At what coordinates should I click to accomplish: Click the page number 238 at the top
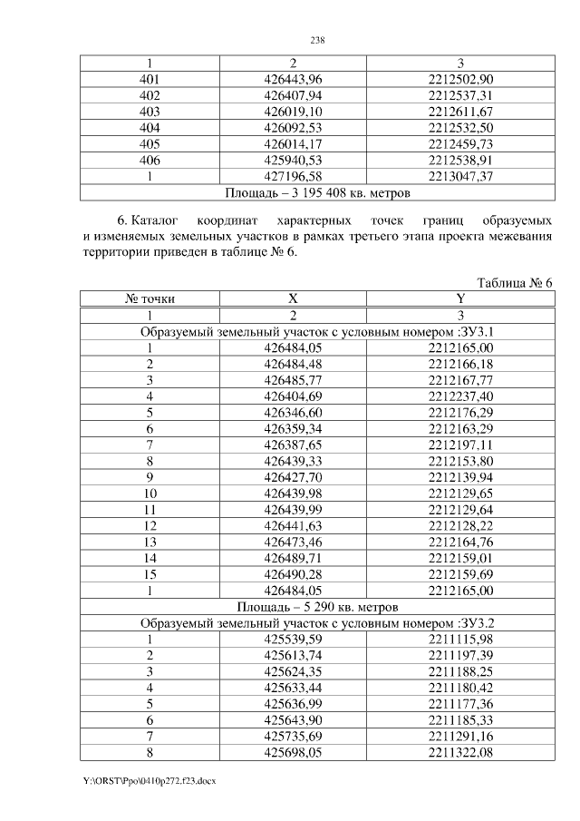[317, 41]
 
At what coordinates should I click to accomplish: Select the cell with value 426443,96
[293, 79]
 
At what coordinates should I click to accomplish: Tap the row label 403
[150, 112]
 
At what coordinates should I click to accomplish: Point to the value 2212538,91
[460, 161]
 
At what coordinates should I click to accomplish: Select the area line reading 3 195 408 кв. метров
[317, 192]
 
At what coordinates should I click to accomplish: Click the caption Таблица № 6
[514, 283]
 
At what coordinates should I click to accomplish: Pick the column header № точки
[150, 298]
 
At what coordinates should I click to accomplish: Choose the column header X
[293, 298]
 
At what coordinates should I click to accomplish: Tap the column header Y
[460, 298]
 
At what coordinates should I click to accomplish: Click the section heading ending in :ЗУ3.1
[317, 331]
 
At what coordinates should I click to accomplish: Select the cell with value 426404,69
[293, 396]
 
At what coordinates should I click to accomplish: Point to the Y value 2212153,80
[460, 462]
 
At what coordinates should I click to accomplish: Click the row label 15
[150, 575]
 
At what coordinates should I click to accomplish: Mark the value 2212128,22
[460, 526]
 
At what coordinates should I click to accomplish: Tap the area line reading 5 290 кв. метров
[317, 608]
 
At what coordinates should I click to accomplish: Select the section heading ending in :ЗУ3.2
[317, 624]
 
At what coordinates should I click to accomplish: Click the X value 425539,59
[293, 640]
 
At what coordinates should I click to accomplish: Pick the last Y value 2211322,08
[460, 754]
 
